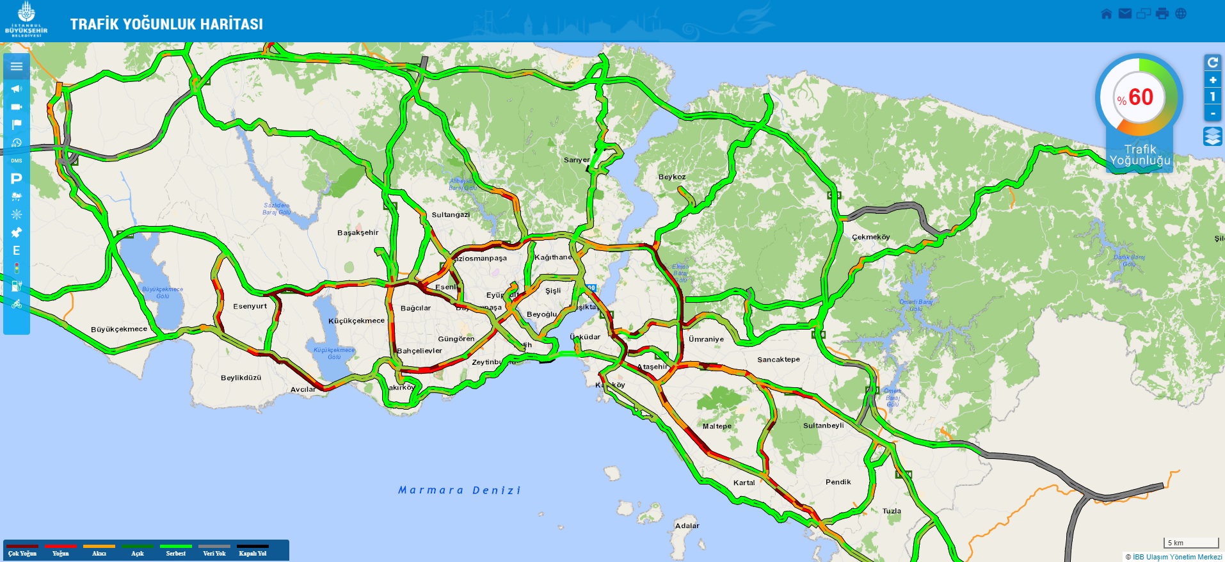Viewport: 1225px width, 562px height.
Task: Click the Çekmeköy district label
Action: click(x=870, y=237)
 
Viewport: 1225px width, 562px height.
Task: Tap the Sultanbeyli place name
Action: click(x=823, y=426)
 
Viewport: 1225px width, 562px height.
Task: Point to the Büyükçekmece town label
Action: click(x=119, y=330)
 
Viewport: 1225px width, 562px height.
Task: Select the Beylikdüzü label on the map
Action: click(x=241, y=378)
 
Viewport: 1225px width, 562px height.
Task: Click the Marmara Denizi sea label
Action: click(x=459, y=490)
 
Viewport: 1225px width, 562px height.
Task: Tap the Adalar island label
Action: click(x=687, y=526)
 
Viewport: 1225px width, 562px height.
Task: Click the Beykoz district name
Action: click(x=671, y=177)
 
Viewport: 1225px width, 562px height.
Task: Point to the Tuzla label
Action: click(x=892, y=511)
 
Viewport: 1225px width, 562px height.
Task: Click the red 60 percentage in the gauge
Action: click(x=1140, y=97)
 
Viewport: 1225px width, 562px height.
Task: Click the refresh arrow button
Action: click(x=1212, y=63)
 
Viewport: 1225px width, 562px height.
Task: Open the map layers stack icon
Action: click(x=1212, y=136)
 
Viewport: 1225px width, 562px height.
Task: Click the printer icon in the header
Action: click(x=1162, y=14)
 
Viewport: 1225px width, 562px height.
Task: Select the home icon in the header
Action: click(x=1106, y=14)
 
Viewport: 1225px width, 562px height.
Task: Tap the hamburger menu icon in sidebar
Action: click(x=17, y=67)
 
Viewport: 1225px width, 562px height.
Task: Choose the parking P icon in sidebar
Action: click(x=17, y=179)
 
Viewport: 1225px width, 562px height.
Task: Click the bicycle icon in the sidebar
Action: click(x=17, y=304)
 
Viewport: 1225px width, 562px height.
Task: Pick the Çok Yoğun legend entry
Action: click(x=22, y=550)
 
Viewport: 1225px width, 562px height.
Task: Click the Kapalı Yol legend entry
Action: click(x=252, y=550)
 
